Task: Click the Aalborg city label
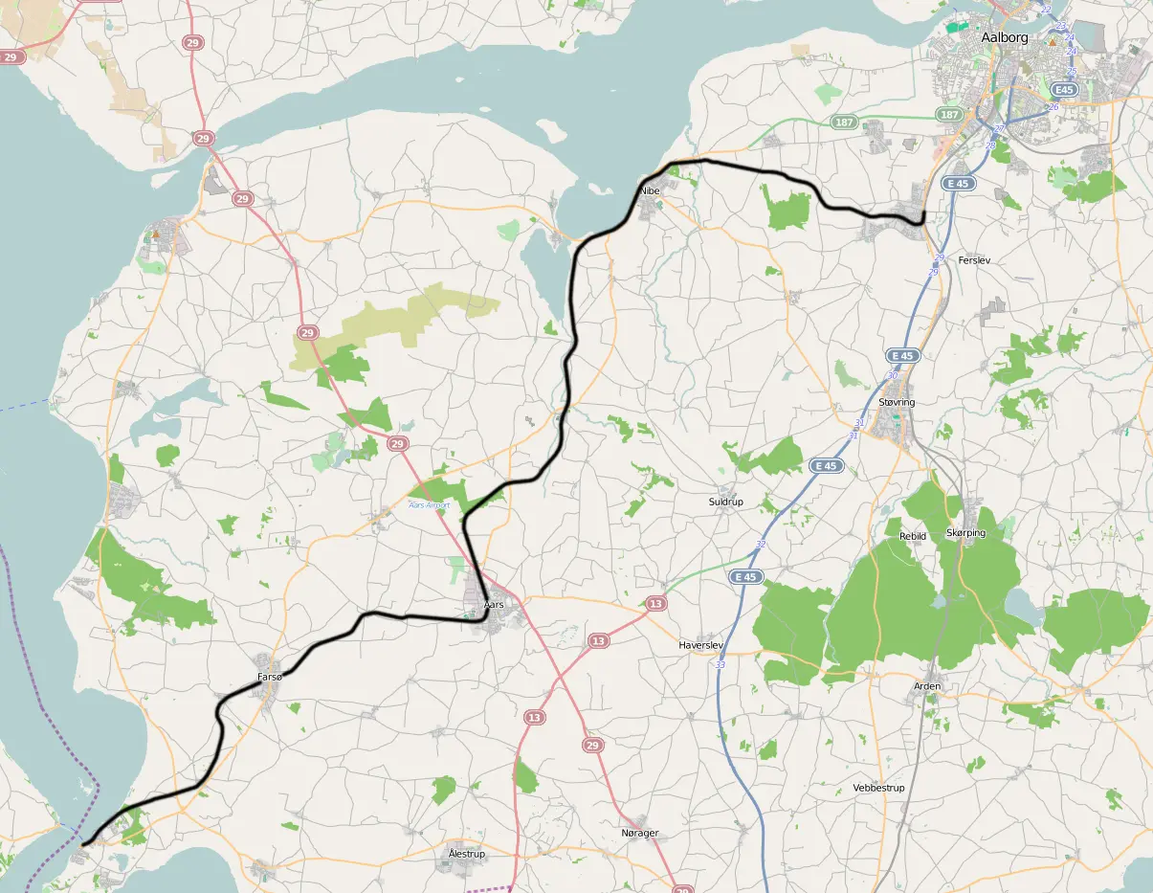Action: coord(1005,37)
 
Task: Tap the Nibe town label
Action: coord(651,190)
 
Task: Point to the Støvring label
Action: coord(897,402)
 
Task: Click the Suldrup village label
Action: coord(725,502)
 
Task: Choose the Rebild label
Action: coord(913,536)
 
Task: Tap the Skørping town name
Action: coord(965,532)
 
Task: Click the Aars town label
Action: coord(494,605)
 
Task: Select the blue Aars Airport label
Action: coord(430,504)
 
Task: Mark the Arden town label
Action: coord(927,686)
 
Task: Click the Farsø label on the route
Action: coord(271,677)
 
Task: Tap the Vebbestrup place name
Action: coord(878,788)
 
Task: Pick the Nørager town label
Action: coord(640,833)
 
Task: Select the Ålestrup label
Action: coord(467,854)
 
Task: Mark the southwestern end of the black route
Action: coord(83,844)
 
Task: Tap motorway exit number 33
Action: coord(721,664)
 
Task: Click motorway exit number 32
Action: coord(761,545)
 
